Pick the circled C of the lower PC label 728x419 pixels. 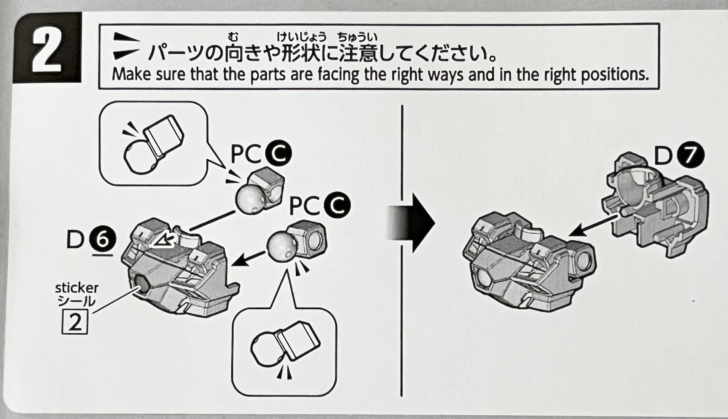point(337,205)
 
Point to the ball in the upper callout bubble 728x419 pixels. point(138,157)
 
